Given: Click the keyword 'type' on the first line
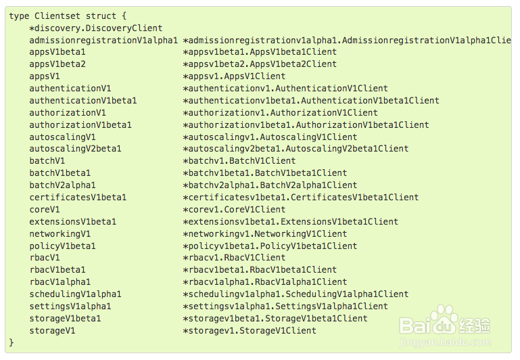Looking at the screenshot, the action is pos(19,16).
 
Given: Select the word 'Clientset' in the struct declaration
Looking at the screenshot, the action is pos(57,16).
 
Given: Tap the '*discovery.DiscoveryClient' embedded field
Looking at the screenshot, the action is pos(96,28).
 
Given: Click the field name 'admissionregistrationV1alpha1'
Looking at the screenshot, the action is pos(103,40).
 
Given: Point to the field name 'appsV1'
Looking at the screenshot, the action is pos(45,76).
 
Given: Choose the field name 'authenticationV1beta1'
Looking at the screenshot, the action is pos(83,101).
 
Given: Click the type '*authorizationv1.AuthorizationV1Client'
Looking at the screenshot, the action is pos(280,113).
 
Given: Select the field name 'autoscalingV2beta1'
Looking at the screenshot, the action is pos(75,149).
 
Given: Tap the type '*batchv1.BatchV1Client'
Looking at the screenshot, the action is pos(239,161).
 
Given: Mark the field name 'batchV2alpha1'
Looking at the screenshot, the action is pos(62,185).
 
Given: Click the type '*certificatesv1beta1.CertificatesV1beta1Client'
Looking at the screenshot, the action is pos(301,198).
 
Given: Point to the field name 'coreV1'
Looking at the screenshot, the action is pos(45,210).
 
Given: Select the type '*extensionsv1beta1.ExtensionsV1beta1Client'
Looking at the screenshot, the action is pos(291,222).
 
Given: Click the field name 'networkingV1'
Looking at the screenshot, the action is pos(60,234).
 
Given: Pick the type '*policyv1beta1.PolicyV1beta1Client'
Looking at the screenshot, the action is pos(270,246).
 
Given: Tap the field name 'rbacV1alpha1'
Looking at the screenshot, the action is pos(60,282).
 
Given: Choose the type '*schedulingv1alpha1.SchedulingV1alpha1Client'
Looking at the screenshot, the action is pos(296,294).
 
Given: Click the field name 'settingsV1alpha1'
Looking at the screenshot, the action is pos(70,307).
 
